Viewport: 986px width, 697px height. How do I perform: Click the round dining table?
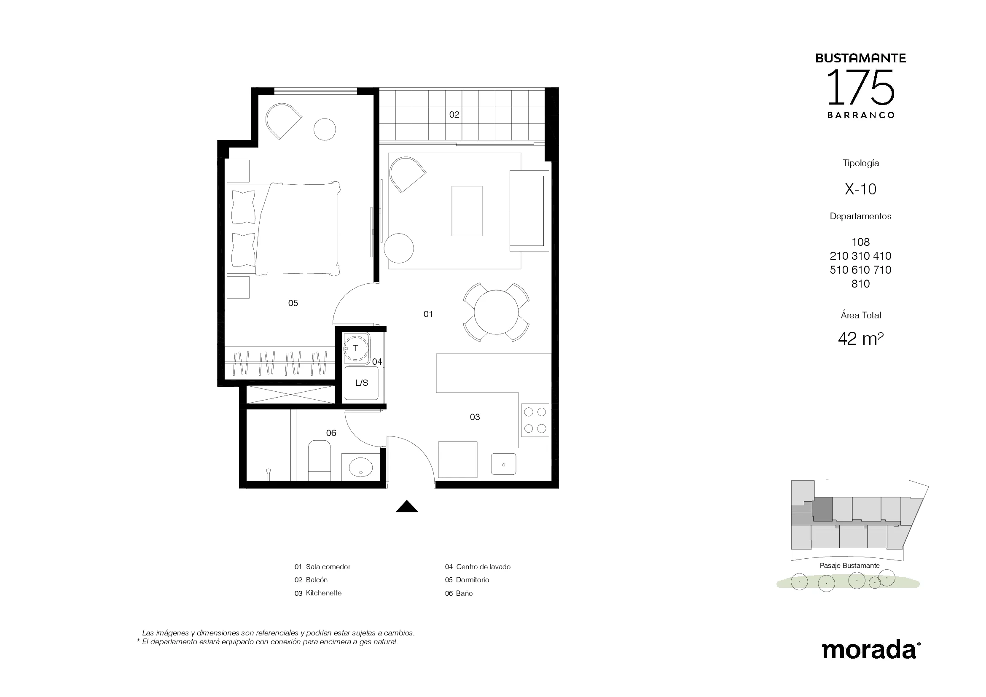(x=496, y=312)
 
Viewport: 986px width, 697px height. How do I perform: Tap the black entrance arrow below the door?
(x=407, y=507)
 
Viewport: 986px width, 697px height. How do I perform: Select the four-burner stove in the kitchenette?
(x=535, y=420)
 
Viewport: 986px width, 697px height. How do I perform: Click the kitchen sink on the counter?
(x=503, y=464)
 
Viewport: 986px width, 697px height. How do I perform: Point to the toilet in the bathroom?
(x=320, y=460)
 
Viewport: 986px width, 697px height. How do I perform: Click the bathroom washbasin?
(x=361, y=467)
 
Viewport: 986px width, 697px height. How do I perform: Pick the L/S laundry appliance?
(x=362, y=383)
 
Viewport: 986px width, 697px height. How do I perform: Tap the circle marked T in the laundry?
(x=356, y=348)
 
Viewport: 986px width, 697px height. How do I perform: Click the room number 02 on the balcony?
(x=454, y=115)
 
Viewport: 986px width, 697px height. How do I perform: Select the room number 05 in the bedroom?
(x=293, y=303)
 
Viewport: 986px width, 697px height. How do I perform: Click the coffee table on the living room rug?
(x=467, y=211)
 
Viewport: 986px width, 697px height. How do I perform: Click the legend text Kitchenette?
(x=324, y=593)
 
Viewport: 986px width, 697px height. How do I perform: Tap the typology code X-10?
(x=860, y=189)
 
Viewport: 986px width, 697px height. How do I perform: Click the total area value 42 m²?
(x=861, y=339)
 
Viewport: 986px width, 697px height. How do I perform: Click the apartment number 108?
(x=861, y=242)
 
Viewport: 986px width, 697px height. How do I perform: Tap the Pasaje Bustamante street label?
(x=849, y=565)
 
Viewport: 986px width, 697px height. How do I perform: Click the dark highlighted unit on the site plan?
(x=822, y=509)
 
